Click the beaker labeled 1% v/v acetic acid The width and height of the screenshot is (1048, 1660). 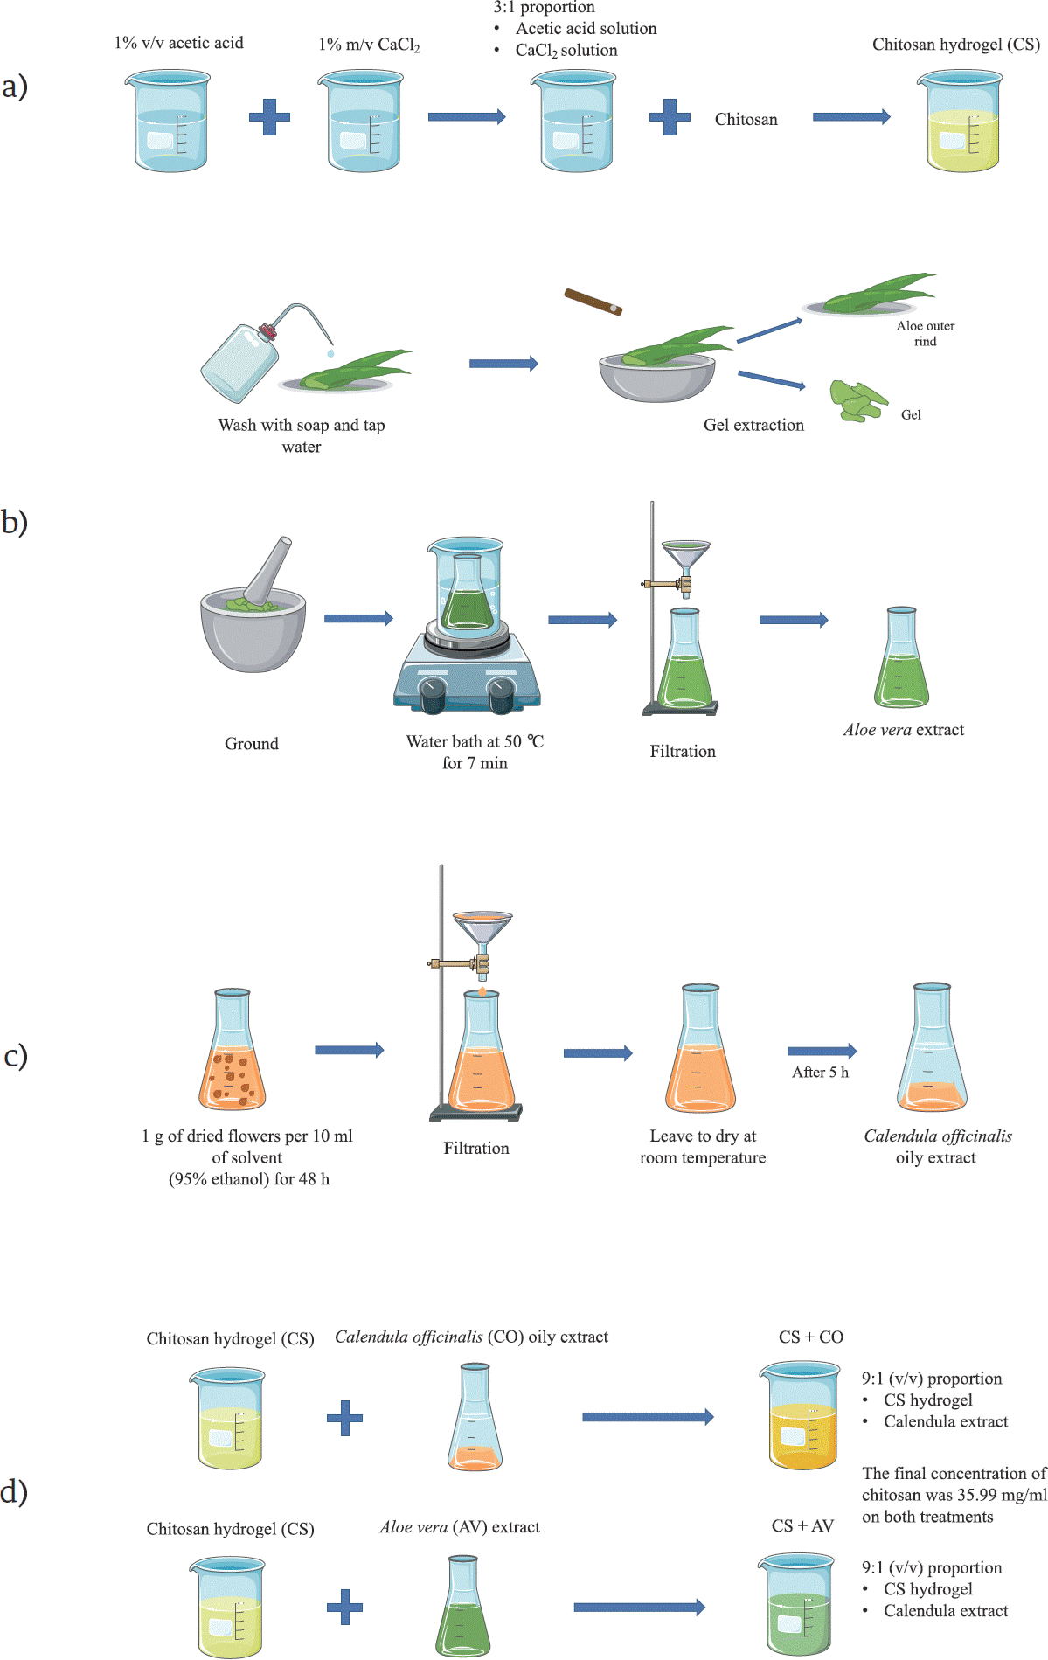pyautogui.click(x=170, y=122)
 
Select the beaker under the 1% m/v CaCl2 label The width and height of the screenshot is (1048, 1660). pyautogui.click(x=364, y=122)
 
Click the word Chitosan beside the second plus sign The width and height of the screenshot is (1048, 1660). pyautogui.click(x=746, y=120)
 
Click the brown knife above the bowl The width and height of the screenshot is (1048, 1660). pyautogui.click(x=593, y=302)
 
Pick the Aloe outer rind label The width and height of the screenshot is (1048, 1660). pyautogui.click(x=925, y=333)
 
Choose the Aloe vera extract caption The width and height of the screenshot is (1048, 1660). pyautogui.click(x=903, y=730)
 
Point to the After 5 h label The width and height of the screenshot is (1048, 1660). pyautogui.click(x=820, y=1072)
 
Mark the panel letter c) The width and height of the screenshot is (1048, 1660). pyautogui.click(x=16, y=1056)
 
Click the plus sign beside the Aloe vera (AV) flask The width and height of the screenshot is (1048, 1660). pyautogui.click(x=344, y=1607)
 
